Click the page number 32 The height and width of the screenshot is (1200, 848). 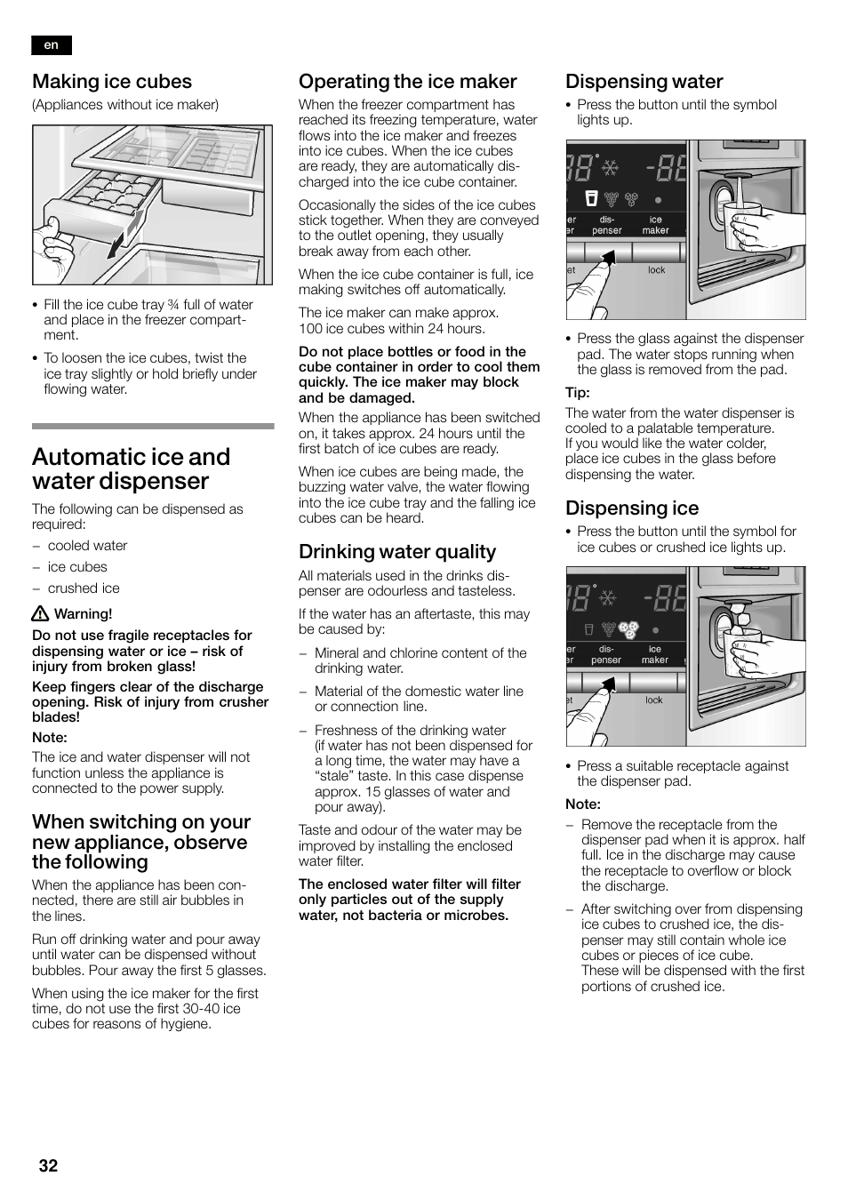point(48,1165)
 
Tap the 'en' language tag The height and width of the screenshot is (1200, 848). point(51,45)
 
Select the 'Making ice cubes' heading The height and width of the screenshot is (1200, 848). point(112,82)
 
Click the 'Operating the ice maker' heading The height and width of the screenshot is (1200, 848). point(407,82)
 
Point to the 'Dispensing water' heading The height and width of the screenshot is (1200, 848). point(644,82)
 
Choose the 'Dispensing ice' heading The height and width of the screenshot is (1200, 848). point(631,508)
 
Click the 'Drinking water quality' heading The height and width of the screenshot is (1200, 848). point(396,552)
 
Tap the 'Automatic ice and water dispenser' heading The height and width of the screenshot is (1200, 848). point(131,468)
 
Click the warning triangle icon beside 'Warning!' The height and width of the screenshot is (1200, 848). point(40,614)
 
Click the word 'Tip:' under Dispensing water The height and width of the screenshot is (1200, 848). point(578,393)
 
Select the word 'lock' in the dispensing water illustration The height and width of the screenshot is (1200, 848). point(656,270)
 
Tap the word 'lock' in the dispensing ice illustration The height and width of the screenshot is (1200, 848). point(653,700)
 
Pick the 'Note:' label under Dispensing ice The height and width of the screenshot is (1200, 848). point(583,804)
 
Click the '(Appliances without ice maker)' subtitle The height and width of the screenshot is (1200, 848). point(125,105)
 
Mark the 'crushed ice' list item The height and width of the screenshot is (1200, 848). point(84,588)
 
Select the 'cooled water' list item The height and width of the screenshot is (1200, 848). point(87,546)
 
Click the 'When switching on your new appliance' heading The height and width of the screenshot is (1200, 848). point(141,842)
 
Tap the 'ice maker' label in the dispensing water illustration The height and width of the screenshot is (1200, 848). point(655,225)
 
